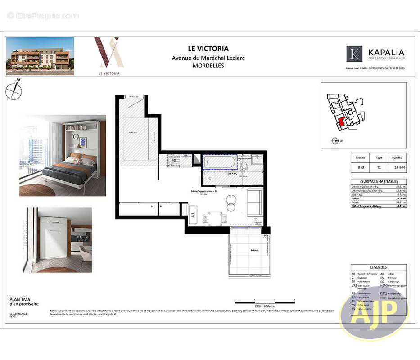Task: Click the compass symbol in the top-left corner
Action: pyautogui.click(x=14, y=90)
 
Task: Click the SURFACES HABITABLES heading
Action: pyautogui.click(x=379, y=181)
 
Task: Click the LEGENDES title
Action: pyautogui.click(x=379, y=267)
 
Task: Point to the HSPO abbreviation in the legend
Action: pyautogui.click(x=384, y=286)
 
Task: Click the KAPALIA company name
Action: pyautogui.click(x=386, y=53)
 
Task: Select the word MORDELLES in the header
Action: pyautogui.click(x=208, y=65)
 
